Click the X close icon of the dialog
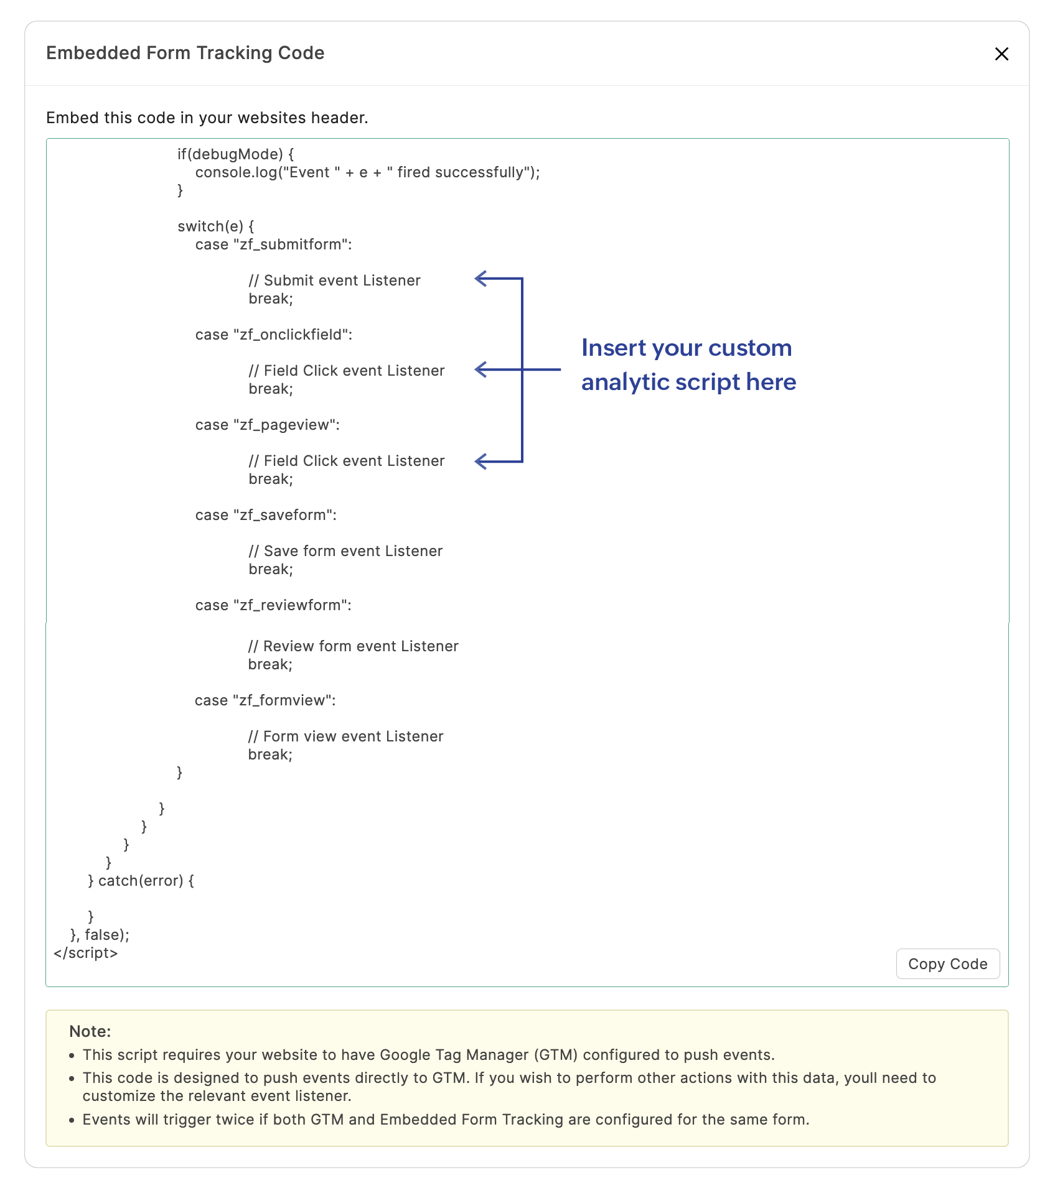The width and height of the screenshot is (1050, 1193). pos(1001,54)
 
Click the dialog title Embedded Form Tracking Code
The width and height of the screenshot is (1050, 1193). pos(185,53)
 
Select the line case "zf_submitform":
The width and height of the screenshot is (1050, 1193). pos(273,244)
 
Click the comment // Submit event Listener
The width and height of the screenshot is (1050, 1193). pos(334,281)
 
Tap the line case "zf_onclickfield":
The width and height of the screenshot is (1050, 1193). pos(273,335)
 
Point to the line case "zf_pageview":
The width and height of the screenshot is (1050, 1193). pos(267,425)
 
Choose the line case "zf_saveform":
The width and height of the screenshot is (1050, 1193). pos(266,515)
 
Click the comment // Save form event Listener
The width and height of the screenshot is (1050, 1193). pos(345,551)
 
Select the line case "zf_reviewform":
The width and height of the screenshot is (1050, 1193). pos(273,605)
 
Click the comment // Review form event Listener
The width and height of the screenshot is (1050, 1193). pos(353,646)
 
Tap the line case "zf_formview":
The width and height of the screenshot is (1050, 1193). pos(265,700)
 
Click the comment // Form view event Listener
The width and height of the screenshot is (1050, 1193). pos(345,736)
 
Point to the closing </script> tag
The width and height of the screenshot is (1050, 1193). pos(86,953)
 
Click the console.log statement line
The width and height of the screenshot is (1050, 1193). pos(367,172)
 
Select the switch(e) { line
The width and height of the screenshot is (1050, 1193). pos(215,226)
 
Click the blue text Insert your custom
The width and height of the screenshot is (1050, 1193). pos(686,348)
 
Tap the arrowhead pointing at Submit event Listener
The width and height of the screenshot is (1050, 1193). pos(480,279)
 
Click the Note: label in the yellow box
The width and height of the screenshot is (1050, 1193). pos(90,1031)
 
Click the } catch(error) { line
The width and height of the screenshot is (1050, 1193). pos(141,881)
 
